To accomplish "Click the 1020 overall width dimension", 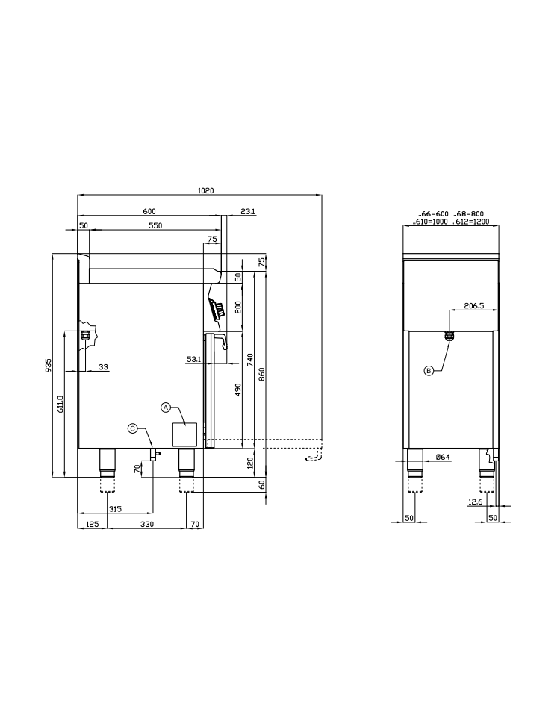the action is coord(206,190).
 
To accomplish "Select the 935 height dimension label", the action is coord(49,365).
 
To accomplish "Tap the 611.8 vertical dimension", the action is coord(60,404).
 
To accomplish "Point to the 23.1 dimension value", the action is coord(248,211).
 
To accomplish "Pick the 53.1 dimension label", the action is coord(193,360).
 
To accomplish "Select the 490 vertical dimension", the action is coord(238,390).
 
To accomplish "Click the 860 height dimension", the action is coord(261,374).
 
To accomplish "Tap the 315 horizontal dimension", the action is coord(115,509).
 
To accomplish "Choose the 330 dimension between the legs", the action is coord(147,524).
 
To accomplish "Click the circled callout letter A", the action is coord(166,407).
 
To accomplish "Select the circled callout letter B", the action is coord(429,370).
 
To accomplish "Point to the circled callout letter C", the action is coord(132,428).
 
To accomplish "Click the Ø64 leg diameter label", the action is coord(443,457).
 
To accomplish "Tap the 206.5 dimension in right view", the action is coord(474,305).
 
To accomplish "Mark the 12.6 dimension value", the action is coord(475,502).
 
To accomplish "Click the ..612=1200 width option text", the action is coord(471,222).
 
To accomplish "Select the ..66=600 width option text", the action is coord(433,214).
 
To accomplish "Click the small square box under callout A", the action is coord(184,434).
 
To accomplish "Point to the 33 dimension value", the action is coord(104,366).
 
